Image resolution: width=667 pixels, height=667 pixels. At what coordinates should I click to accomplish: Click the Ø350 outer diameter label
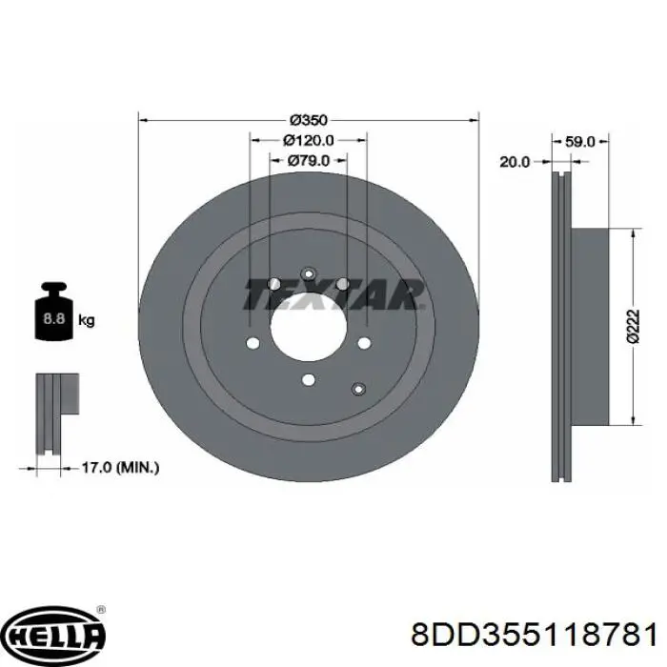[309, 120]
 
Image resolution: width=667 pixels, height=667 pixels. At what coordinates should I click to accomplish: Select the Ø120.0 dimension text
[309, 140]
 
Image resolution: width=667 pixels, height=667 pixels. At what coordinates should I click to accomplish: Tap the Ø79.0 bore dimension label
[309, 160]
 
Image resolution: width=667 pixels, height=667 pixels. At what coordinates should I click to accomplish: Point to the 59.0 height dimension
[579, 142]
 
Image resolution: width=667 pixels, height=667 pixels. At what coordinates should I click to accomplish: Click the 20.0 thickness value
[515, 162]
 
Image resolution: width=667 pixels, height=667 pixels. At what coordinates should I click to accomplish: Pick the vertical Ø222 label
[633, 326]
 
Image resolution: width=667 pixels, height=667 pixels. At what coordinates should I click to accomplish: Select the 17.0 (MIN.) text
[120, 468]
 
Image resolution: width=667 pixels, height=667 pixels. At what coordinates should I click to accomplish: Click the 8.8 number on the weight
[53, 318]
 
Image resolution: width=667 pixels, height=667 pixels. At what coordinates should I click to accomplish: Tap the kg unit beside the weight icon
[87, 320]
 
